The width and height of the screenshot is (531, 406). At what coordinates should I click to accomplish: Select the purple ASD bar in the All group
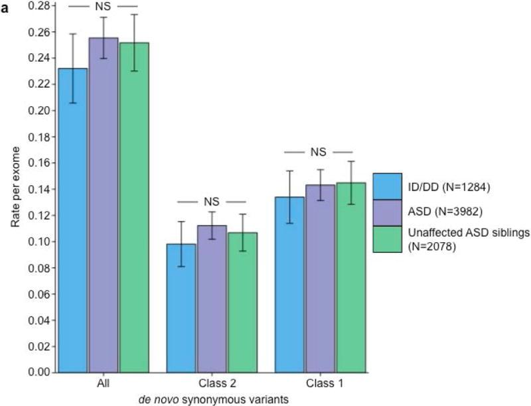[x=103, y=205]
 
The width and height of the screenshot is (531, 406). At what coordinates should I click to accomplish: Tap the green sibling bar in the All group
[x=134, y=206]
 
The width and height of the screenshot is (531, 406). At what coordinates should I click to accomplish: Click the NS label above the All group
[x=103, y=7]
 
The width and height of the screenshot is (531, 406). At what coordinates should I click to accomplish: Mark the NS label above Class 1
[x=319, y=152]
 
